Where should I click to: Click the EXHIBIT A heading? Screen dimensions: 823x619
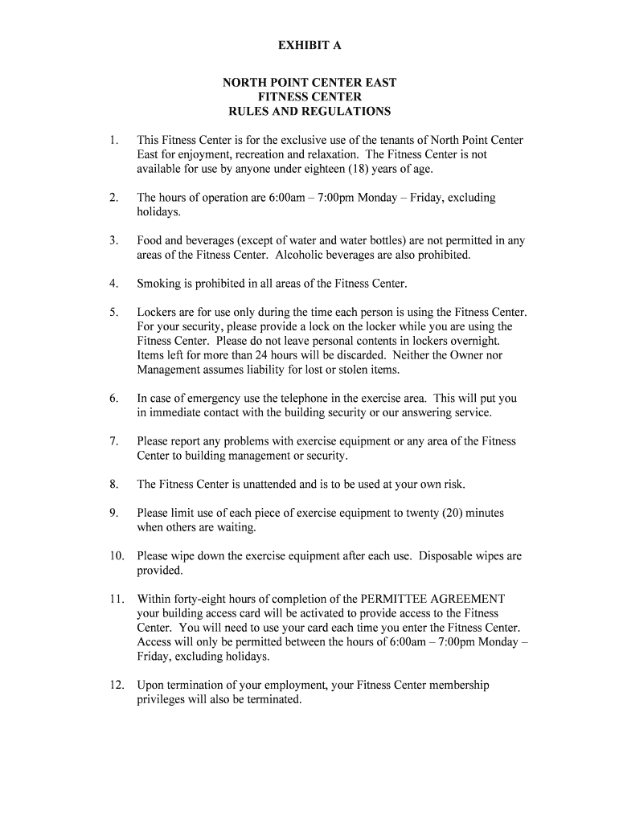[309, 46]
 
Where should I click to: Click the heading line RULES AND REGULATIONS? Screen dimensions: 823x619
[309, 111]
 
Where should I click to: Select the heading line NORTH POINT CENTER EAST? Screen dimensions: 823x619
[309, 83]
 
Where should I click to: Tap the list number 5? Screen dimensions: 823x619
[114, 312]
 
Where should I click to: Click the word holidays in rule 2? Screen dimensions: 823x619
[158, 212]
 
